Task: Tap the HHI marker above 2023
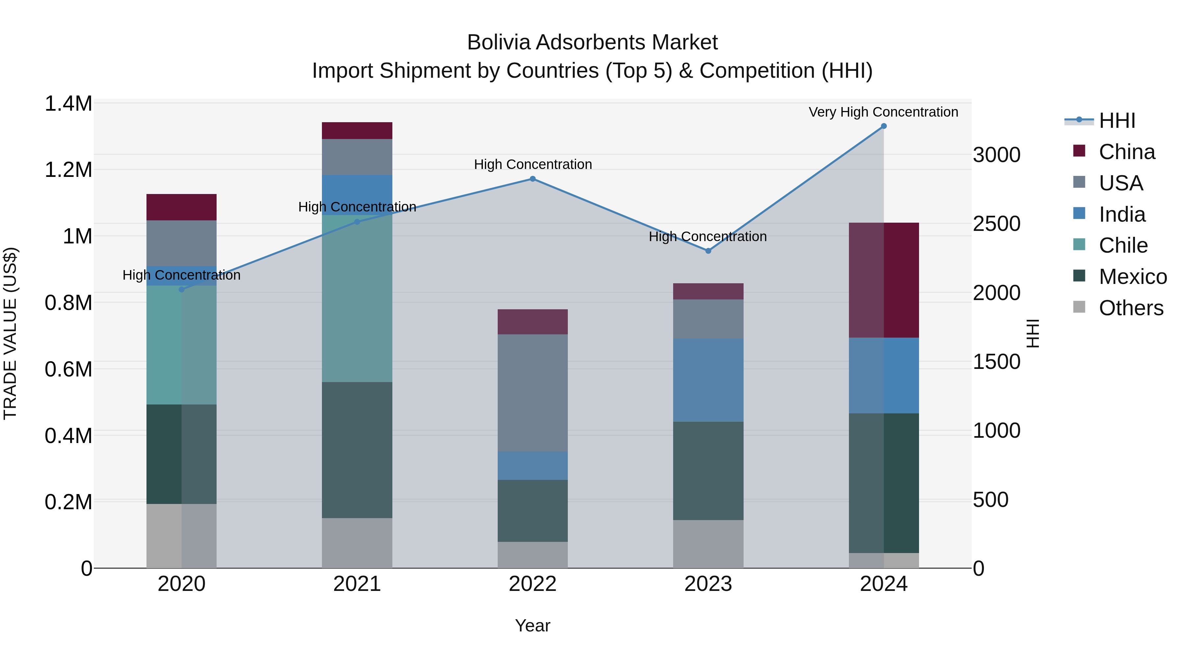pyautogui.click(x=708, y=251)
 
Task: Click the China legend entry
pyautogui.click(x=1127, y=152)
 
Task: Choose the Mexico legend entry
pyautogui.click(x=1133, y=277)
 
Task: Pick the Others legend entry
pyautogui.click(x=1131, y=308)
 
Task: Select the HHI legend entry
pyautogui.click(x=1117, y=121)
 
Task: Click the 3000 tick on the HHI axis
pyautogui.click(x=996, y=155)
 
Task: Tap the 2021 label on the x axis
pyautogui.click(x=357, y=584)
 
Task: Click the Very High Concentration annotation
pyautogui.click(x=883, y=112)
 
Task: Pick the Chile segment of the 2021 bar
pyautogui.click(x=357, y=298)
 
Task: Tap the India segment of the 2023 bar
pyautogui.click(x=708, y=380)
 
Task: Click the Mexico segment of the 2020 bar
pyautogui.click(x=181, y=454)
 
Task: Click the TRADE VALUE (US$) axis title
pyautogui.click(x=10, y=333)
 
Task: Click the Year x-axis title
pyautogui.click(x=532, y=625)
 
